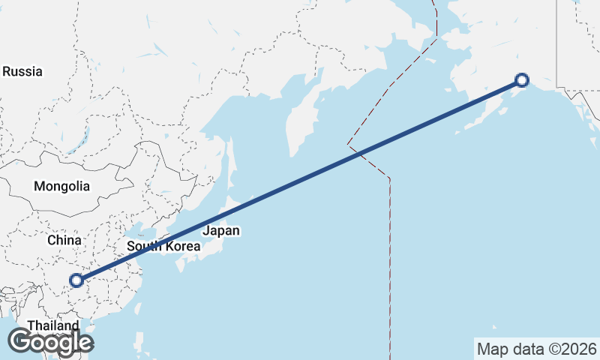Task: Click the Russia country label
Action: click(22, 72)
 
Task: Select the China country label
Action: click(64, 240)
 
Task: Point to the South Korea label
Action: click(163, 246)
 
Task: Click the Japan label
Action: click(221, 231)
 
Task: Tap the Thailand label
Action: click(52, 325)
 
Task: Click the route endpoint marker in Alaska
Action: click(522, 80)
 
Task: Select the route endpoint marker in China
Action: click(76, 281)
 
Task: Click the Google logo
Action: click(50, 342)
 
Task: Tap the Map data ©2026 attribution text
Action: click(536, 349)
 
